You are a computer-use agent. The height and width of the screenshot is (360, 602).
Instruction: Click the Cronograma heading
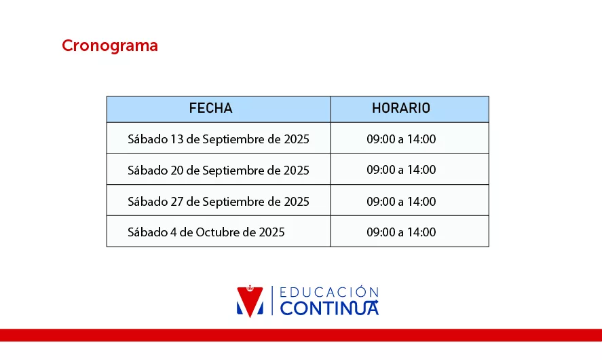coord(110,46)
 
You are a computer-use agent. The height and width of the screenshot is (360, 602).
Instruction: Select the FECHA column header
coord(211,109)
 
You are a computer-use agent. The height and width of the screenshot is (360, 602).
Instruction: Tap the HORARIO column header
coord(401,109)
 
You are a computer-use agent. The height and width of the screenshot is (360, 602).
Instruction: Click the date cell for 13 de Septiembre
coord(219,139)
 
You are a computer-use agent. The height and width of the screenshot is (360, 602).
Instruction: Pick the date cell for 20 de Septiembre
coord(219,170)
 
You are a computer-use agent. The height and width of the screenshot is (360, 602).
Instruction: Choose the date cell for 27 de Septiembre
coord(219,201)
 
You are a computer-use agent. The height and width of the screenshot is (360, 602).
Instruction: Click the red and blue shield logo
coord(250,302)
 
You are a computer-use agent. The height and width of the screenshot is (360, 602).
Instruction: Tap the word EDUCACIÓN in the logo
coord(329,292)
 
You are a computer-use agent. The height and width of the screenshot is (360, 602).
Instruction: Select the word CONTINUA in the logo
coord(329,308)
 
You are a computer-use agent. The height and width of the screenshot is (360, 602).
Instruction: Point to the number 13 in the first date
coord(177,139)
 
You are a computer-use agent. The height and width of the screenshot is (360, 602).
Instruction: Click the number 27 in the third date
coord(177,201)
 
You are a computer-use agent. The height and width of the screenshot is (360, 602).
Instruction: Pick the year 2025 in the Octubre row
coord(272,232)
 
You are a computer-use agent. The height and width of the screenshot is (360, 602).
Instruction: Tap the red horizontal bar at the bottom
coord(301,335)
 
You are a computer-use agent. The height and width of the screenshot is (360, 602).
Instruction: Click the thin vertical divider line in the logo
coord(272,300)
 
